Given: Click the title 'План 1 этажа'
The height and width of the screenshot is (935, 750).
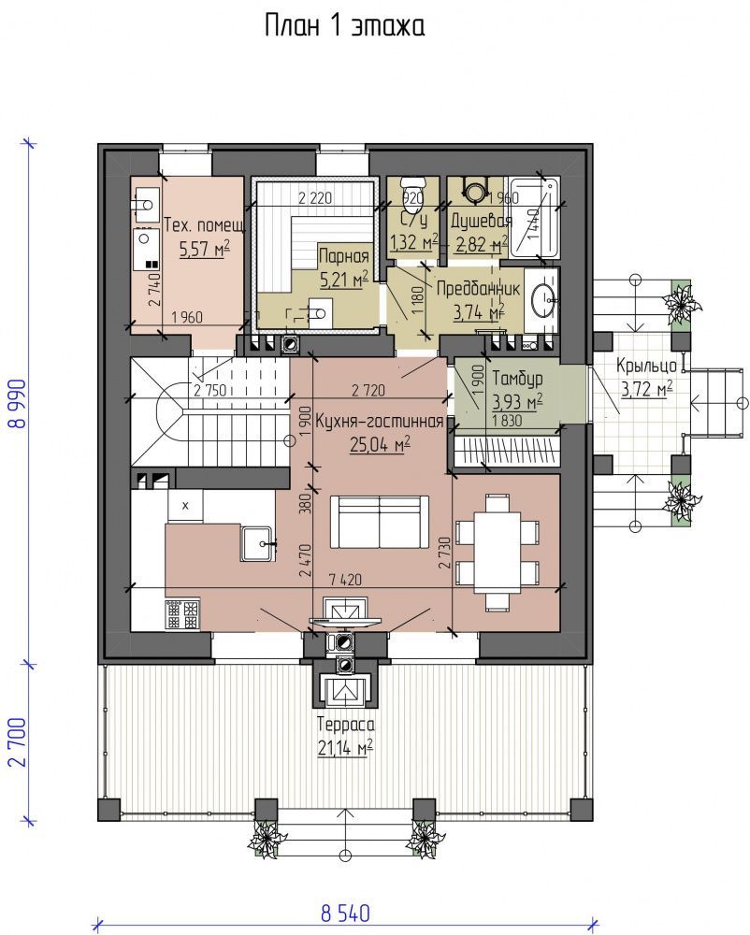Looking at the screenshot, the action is tap(344, 27).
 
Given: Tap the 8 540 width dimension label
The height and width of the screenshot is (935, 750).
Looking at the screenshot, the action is tap(345, 913).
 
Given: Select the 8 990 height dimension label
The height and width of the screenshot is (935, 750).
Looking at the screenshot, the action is tap(19, 404).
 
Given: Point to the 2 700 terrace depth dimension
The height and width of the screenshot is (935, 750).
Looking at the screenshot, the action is tap(19, 741).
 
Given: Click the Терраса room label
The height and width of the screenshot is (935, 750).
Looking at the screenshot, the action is tap(346, 725).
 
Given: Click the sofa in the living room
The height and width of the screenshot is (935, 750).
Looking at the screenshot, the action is tap(379, 521).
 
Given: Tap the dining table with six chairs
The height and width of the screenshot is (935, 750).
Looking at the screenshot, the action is tap(498, 553).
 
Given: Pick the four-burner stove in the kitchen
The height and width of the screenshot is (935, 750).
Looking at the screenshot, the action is tap(183, 614).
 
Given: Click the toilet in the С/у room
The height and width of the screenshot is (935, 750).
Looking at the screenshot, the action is tap(412, 187).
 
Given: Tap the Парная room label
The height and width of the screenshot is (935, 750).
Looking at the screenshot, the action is tap(344, 256).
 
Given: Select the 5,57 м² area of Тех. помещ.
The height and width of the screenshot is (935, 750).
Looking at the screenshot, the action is tap(205, 248).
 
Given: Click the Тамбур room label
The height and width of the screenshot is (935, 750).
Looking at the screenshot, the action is tap(517, 379).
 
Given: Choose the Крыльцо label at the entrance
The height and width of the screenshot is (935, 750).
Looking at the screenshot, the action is tap(646, 365).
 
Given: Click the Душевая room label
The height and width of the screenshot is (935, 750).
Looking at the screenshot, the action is tap(481, 222).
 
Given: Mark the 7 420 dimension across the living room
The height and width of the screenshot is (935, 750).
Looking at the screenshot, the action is tap(345, 579).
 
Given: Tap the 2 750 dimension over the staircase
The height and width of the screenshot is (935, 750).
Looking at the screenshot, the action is tap(210, 391).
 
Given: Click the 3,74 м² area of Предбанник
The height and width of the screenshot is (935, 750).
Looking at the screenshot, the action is tap(479, 312).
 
